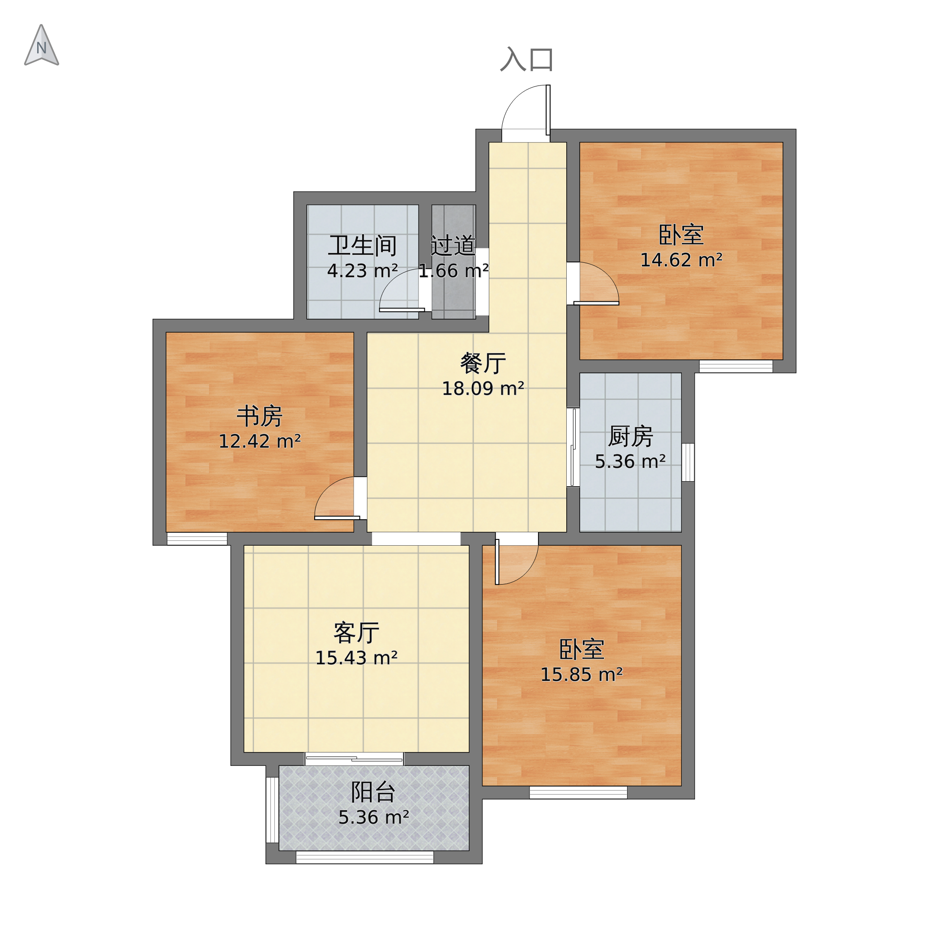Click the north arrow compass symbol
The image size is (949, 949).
pos(42,46)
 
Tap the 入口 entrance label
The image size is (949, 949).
pos(527,60)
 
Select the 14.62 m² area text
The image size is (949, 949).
pos(681,260)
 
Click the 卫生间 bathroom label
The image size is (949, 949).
pos(363,246)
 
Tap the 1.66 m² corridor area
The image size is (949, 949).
pos(453,271)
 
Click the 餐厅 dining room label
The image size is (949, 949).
pos(483,363)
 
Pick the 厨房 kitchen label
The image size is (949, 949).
pos(630,436)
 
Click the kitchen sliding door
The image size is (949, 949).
pos(573,448)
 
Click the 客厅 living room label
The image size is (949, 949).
pos(356,633)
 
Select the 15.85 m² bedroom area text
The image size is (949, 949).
pos(581,675)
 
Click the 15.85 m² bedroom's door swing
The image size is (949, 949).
pos(516,562)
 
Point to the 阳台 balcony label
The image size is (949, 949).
pos(373,792)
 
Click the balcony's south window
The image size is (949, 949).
pos(364,857)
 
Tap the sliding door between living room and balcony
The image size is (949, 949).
pos(354,759)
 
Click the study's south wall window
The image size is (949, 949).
pos(197,539)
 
